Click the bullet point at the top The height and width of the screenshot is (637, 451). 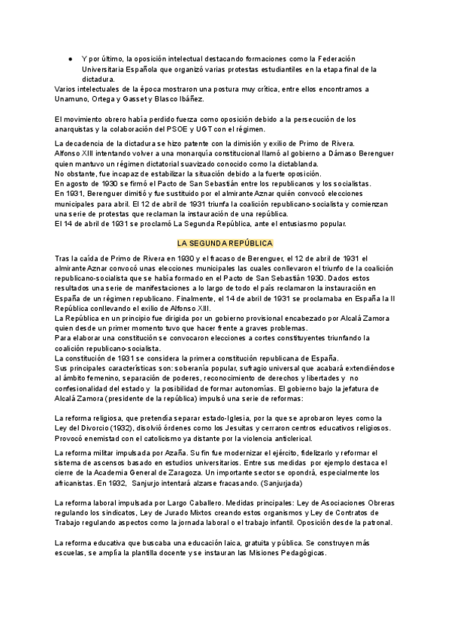point(68,58)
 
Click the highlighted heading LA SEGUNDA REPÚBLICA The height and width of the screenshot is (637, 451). point(225,243)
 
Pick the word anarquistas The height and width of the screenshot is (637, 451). point(78,128)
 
